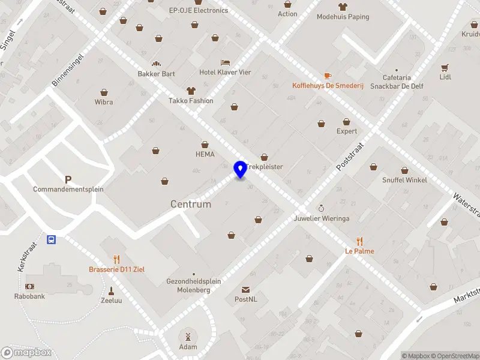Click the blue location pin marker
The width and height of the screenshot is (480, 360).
[x=240, y=169]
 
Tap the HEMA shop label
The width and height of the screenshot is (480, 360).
[x=205, y=154]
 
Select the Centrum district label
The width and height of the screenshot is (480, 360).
[x=191, y=204]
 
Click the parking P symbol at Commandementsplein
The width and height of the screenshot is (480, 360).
[x=68, y=179]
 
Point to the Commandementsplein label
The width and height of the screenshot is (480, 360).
[x=68, y=189]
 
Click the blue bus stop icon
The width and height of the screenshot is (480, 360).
[x=52, y=240]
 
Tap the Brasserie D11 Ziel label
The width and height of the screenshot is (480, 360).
[x=116, y=269]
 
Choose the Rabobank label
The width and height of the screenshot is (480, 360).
[x=30, y=296]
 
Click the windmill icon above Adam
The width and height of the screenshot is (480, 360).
[x=188, y=337]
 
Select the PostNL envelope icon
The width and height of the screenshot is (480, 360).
[x=246, y=290]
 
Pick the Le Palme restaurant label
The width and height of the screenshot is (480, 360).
[x=359, y=251]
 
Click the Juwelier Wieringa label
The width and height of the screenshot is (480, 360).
[x=322, y=218]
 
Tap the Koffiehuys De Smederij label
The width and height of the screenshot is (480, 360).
[x=328, y=85]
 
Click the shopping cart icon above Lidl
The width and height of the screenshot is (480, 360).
[x=445, y=67]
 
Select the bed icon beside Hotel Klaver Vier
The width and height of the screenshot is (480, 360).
[x=225, y=62]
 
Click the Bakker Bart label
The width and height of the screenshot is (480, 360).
[x=157, y=74]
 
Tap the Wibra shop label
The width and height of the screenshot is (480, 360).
[x=104, y=102]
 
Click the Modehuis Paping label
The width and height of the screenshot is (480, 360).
[x=343, y=17]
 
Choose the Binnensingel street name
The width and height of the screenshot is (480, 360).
[x=68, y=68]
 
